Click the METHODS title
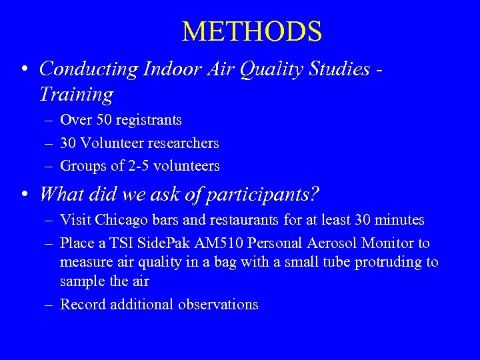point(252,31)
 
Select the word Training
point(76,94)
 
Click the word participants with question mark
point(262,194)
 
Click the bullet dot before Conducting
point(24,69)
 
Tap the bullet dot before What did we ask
point(24,195)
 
